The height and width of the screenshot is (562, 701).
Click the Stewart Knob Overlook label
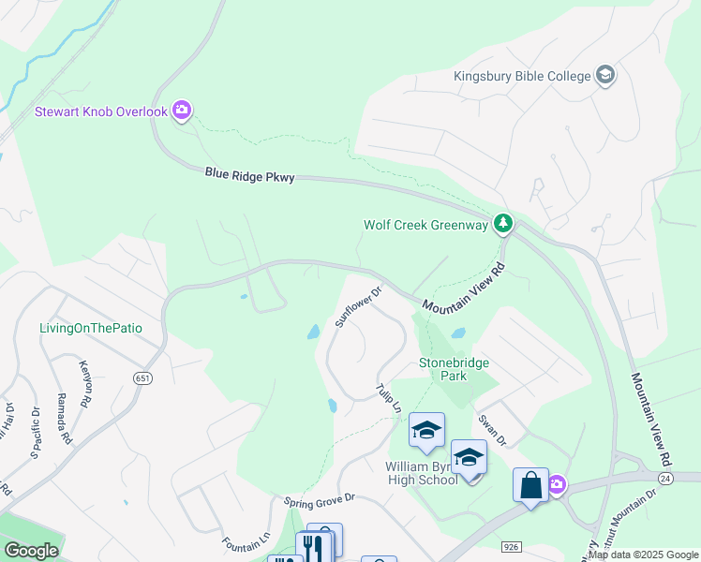click(x=100, y=111)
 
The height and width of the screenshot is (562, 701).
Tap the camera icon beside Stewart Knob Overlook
click(x=182, y=111)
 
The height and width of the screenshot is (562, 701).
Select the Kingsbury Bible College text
click(x=521, y=76)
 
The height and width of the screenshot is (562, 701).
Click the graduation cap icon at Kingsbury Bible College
click(x=604, y=76)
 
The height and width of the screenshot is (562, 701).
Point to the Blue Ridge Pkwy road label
click(x=249, y=175)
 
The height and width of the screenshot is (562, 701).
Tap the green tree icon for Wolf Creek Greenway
click(x=504, y=223)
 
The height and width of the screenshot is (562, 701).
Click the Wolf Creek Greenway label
click(x=425, y=225)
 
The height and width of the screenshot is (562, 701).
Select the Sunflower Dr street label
click(x=359, y=307)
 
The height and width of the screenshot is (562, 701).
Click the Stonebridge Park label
click(x=455, y=368)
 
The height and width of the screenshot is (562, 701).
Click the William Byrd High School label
click(x=421, y=472)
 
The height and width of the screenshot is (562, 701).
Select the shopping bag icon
click(x=529, y=485)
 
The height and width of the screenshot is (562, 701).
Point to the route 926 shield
click(x=511, y=544)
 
